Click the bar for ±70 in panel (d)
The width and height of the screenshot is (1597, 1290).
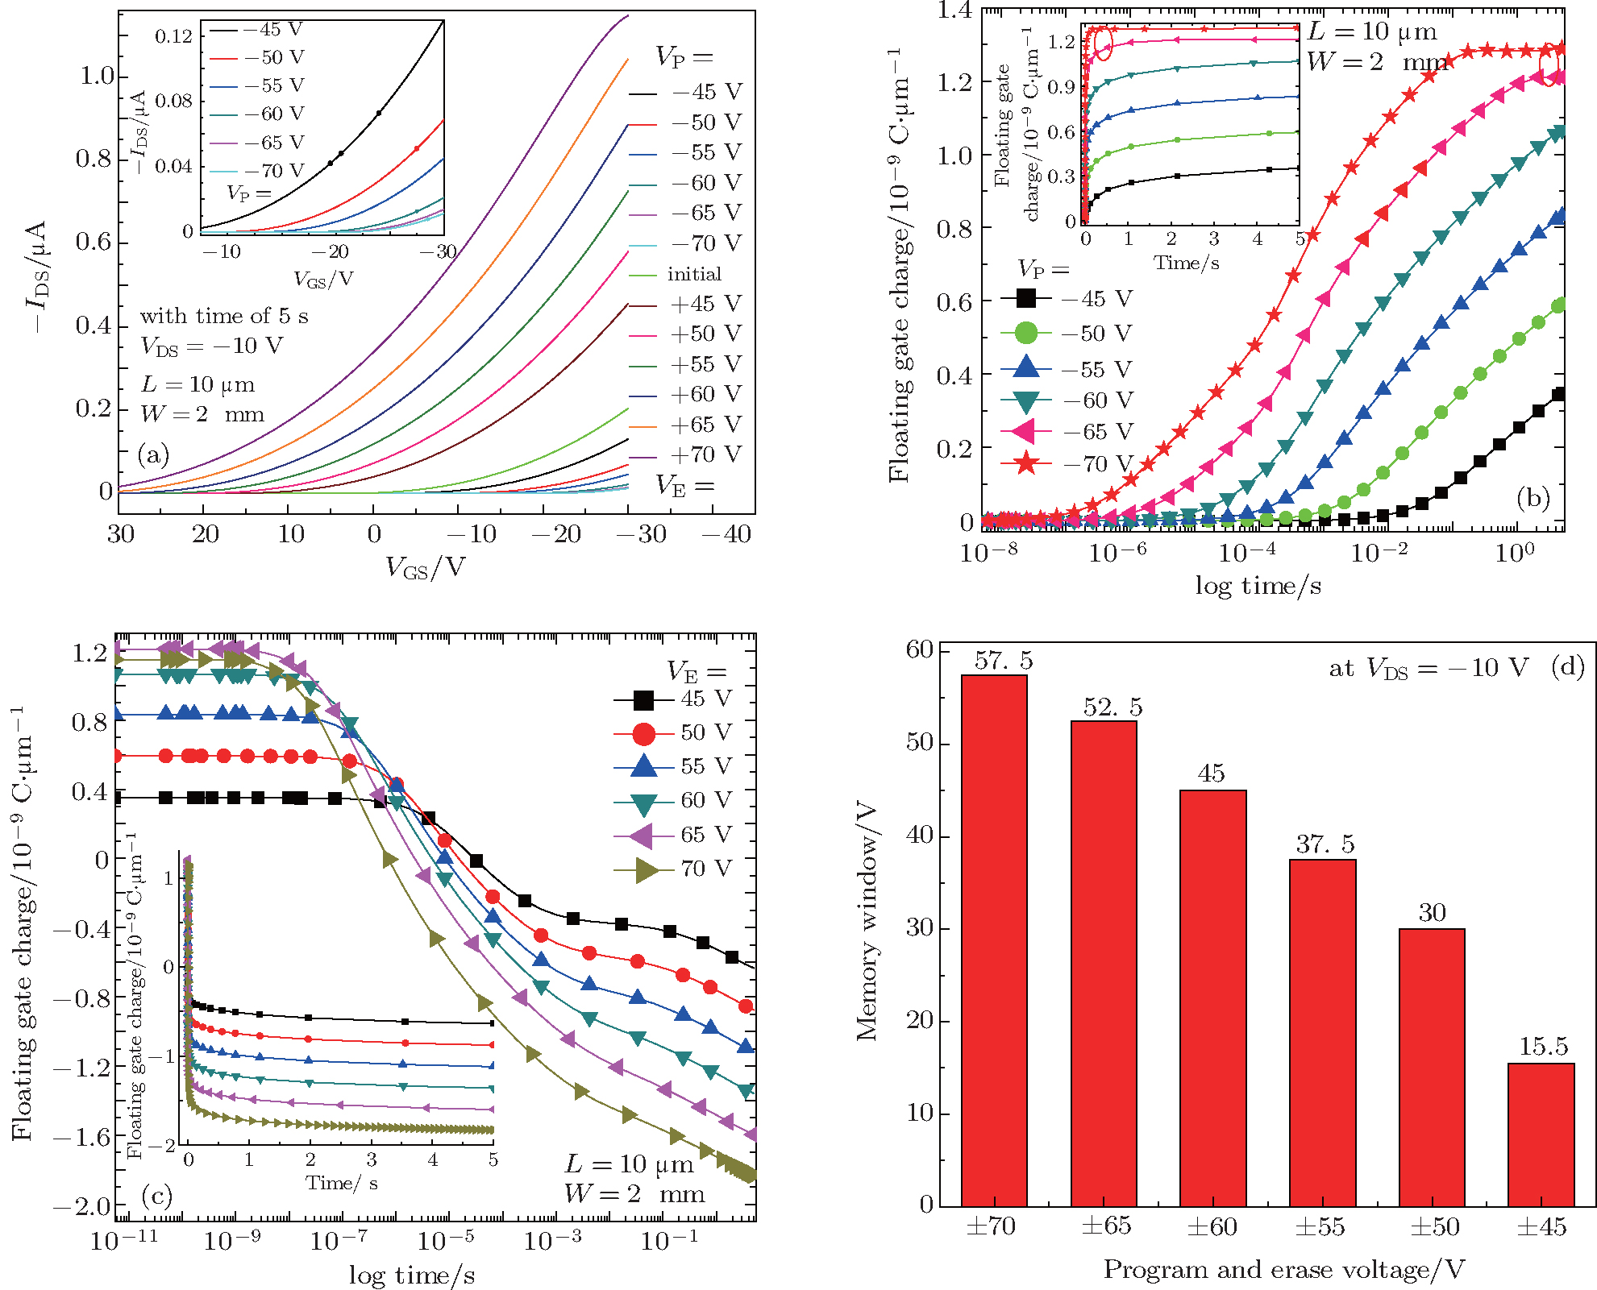point(994,940)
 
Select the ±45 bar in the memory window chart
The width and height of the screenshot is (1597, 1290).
point(1541,1134)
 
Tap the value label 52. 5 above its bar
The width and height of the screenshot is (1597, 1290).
point(1112,707)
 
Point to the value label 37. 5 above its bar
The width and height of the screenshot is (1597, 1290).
point(1325,844)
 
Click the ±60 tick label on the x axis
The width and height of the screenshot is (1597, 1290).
point(1212,1226)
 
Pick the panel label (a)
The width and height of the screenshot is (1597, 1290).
point(153,454)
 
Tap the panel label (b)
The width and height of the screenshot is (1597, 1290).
point(1533,498)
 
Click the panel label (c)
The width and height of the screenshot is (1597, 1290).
point(156,1196)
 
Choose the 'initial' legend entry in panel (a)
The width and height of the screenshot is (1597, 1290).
point(694,274)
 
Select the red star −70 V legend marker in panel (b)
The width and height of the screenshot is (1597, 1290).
point(1026,463)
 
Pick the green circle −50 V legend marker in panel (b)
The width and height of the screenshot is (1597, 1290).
point(1026,333)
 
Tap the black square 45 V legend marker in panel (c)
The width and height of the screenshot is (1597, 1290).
point(643,699)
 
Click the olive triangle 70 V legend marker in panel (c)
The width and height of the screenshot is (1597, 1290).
point(643,869)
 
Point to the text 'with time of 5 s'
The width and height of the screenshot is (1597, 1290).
point(224,316)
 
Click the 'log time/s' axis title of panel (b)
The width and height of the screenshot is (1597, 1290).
point(1258,586)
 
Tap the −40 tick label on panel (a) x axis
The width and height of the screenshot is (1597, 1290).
point(726,533)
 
